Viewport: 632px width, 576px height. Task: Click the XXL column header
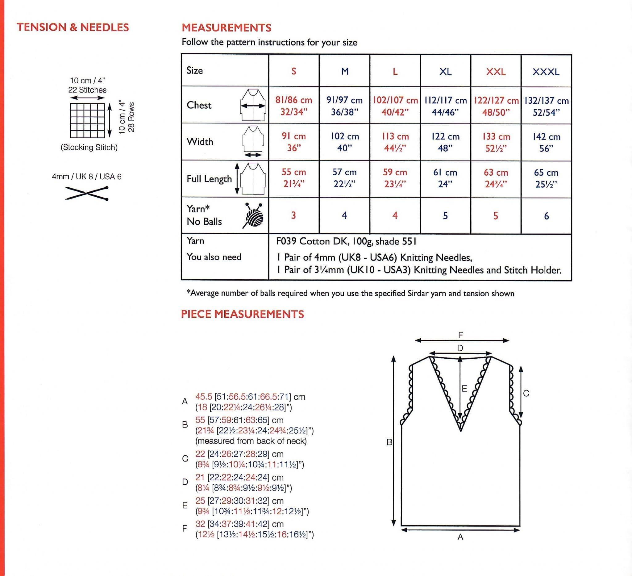[x=496, y=72]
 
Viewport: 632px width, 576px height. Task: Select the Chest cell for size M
[x=344, y=106]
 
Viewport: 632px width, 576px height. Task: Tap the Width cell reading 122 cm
[x=445, y=142]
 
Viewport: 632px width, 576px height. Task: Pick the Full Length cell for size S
[x=293, y=178]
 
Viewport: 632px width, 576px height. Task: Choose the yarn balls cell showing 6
[x=546, y=216]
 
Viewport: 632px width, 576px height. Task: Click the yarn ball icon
[x=253, y=215]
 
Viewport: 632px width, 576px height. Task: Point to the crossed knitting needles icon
[x=87, y=193]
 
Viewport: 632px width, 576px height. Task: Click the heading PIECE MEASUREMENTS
[x=242, y=314]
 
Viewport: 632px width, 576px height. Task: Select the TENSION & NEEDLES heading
[x=73, y=27]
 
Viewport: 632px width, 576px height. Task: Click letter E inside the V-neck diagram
[x=464, y=389]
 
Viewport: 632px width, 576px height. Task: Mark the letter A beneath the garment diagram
[x=460, y=537]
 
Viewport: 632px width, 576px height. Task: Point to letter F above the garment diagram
[x=460, y=335]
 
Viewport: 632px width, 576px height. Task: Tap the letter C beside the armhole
[x=526, y=393]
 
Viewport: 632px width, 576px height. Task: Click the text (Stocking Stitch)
[x=89, y=147]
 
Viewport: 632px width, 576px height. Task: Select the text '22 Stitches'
[x=87, y=90]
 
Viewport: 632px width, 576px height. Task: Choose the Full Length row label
[x=209, y=179]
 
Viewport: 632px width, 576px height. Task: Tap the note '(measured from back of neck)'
[x=251, y=441]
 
